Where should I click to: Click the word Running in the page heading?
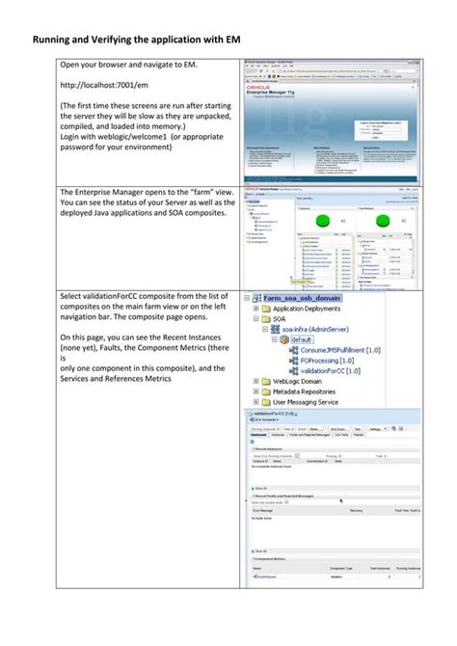[56, 40]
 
